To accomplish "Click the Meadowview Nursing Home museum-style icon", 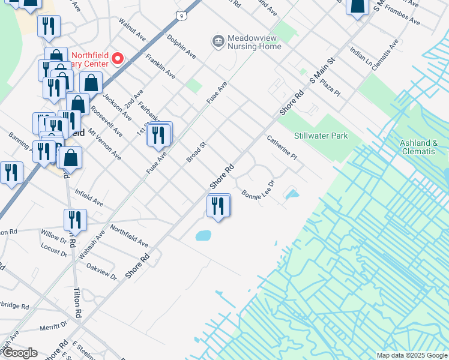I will click(x=217, y=41).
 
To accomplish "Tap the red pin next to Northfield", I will click(x=118, y=58).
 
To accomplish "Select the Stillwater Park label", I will click(x=321, y=136).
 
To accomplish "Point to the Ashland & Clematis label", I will click(x=423, y=147).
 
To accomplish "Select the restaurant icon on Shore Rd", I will click(x=218, y=206).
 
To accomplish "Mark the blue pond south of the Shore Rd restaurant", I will click(x=203, y=236).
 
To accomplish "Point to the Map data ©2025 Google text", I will click(x=411, y=355).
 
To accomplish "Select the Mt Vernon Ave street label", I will click(x=104, y=144).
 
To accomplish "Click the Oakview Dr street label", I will click(x=101, y=271).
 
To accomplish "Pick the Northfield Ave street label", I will click(x=129, y=236).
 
